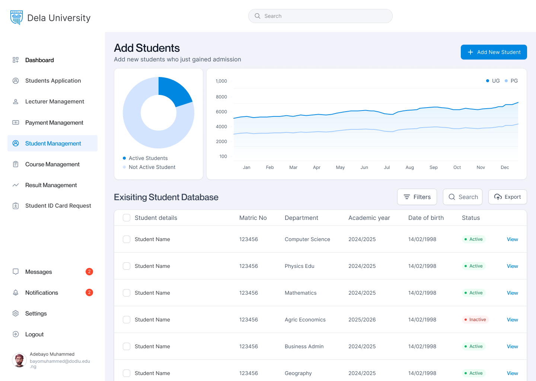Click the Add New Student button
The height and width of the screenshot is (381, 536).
(x=494, y=52)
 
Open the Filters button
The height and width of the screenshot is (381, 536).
(x=417, y=197)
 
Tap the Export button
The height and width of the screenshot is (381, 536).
(x=507, y=197)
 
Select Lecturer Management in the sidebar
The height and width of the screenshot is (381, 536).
(x=54, y=102)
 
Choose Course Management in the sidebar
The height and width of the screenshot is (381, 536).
(x=52, y=164)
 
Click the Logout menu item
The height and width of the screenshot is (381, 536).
(x=34, y=334)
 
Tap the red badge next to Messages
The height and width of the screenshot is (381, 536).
(x=89, y=272)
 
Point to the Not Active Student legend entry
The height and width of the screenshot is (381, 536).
(x=152, y=167)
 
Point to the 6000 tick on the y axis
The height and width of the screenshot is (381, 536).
(x=221, y=112)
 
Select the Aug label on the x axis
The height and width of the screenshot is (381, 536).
(x=409, y=167)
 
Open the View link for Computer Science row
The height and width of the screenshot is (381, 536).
(x=512, y=239)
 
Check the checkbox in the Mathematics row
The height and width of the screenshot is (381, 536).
(x=127, y=293)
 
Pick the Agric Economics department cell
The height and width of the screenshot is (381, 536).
(x=305, y=320)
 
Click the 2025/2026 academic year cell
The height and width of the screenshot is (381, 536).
(x=362, y=320)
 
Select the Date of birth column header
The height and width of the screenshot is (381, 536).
(x=426, y=218)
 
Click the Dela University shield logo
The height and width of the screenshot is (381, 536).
(x=16, y=17)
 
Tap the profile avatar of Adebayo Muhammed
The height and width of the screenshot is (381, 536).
(x=19, y=360)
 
